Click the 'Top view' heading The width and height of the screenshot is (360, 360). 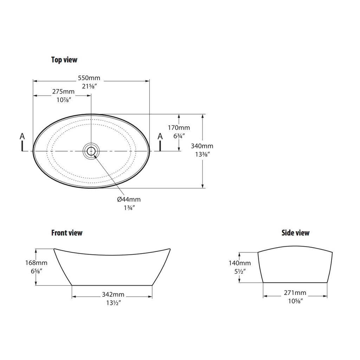click(64, 60)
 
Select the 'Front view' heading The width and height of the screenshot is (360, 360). click(67, 233)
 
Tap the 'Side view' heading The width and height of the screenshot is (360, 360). click(295, 233)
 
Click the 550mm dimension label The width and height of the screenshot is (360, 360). click(89, 78)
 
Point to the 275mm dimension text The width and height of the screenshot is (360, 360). click(63, 92)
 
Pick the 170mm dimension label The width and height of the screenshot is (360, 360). click(179, 128)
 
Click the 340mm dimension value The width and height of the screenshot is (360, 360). click(202, 146)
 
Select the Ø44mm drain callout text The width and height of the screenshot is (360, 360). click(129, 199)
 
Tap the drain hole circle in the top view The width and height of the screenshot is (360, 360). click(91, 151)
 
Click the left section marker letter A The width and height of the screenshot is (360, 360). click(22, 136)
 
